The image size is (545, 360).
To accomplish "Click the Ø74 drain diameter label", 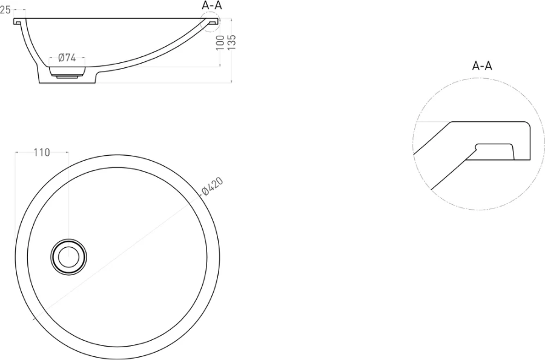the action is (x=67, y=58).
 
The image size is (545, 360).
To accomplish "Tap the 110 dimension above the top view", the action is (x=42, y=152).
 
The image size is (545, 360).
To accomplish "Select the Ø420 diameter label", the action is (x=212, y=187).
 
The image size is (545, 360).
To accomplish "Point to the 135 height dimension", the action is (x=232, y=42).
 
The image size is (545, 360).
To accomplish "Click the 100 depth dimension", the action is (x=220, y=43).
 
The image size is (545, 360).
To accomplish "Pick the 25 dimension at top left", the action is (x=5, y=10).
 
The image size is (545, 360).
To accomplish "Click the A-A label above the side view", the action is (x=212, y=5).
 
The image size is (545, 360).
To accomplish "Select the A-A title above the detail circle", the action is (x=482, y=65).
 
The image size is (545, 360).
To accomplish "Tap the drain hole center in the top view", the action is (x=68, y=257).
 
